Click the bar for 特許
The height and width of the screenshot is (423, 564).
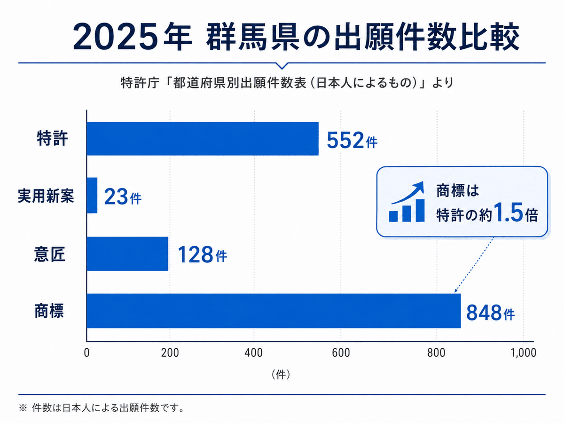point(203,139)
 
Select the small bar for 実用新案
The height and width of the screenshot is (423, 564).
point(92,195)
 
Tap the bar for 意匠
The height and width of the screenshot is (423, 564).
point(127,254)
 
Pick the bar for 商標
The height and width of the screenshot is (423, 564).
point(274,311)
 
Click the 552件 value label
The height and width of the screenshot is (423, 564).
point(352,140)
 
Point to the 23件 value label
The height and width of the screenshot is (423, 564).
point(123,197)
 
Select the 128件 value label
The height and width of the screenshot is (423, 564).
point(202,255)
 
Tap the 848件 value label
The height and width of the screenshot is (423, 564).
point(491,313)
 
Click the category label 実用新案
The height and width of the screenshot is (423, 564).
point(46,196)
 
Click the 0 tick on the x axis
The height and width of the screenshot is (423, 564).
point(87,353)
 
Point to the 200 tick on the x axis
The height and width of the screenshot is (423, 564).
point(170,353)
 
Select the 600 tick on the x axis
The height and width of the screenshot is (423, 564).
point(341,353)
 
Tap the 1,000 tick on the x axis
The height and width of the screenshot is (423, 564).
point(524,353)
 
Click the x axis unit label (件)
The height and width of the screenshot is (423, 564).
point(281,375)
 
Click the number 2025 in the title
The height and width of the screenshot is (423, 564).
point(115,37)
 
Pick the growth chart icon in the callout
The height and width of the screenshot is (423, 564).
point(407,202)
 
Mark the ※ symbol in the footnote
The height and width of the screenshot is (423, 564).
point(23,408)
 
